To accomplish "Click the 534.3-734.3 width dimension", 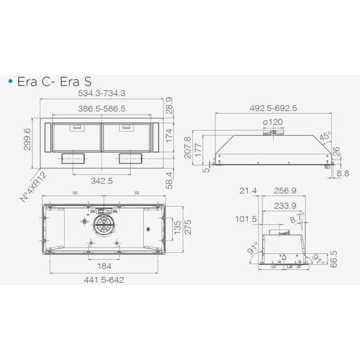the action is click(102, 94).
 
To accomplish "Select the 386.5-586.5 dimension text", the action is click(102, 109).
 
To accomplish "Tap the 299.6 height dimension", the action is click(27, 139).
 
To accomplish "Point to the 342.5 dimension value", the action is click(102, 181).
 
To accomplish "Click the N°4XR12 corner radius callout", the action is click(33, 187).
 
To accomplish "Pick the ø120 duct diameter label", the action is click(273, 122).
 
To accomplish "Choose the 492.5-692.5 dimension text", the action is click(274, 108).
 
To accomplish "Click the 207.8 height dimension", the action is click(188, 147).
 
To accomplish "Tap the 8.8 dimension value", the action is click(343, 174).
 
